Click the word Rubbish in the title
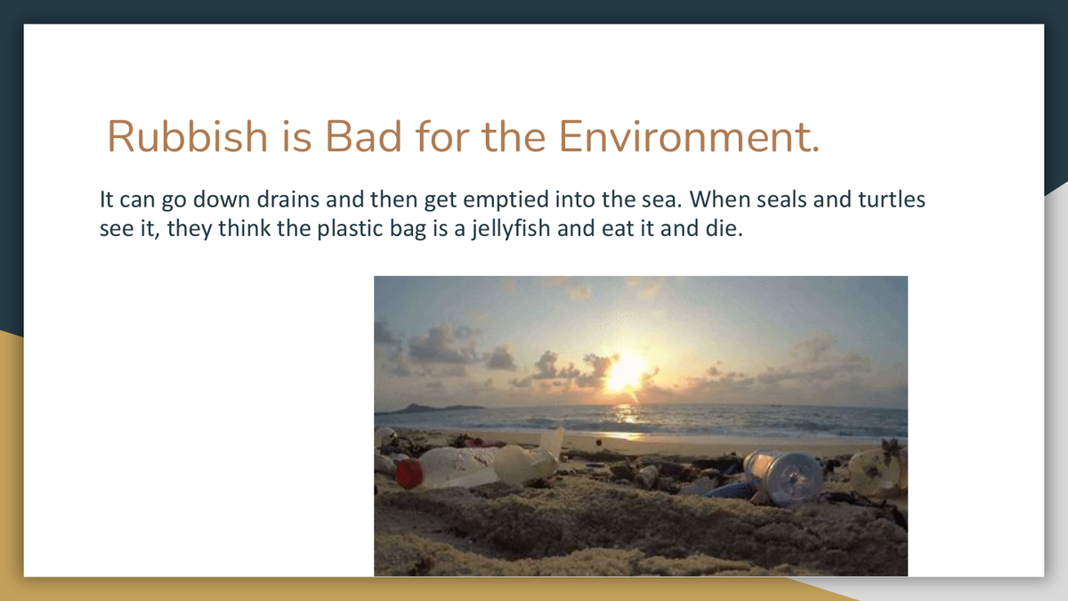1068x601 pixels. pos(188,136)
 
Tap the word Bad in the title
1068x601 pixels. pos(363,136)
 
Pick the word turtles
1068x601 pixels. pos(892,199)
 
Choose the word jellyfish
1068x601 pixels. pos(511,229)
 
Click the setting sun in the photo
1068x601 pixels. pos(626,373)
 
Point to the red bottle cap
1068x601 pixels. pos(409,473)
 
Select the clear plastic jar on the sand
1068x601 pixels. pos(783,477)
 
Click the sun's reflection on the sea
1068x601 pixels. pos(626,420)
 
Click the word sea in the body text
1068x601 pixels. pos(659,200)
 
